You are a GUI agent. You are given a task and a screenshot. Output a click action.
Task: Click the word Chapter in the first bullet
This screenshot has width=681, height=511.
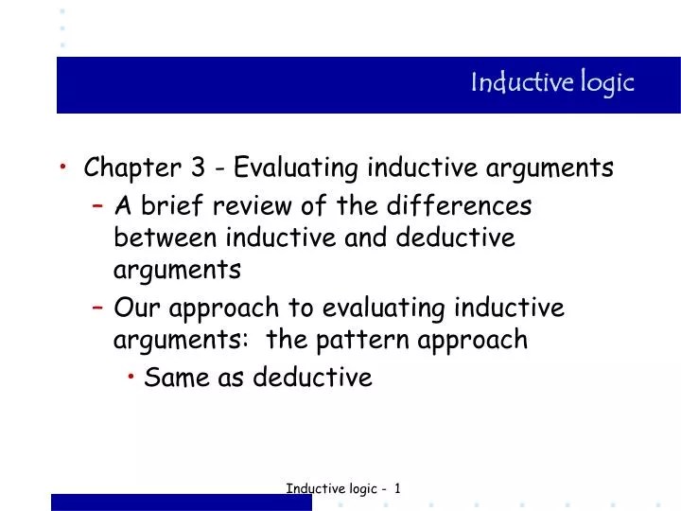pyautogui.click(x=133, y=168)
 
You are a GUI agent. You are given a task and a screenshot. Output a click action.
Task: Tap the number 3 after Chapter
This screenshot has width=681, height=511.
pyautogui.click(x=199, y=168)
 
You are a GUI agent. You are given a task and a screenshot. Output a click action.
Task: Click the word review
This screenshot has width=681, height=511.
pyautogui.click(x=244, y=205)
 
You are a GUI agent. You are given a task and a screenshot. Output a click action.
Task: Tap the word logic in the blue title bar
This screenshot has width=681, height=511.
pyautogui.click(x=606, y=83)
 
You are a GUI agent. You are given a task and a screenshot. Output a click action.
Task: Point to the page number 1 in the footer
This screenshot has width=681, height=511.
pyautogui.click(x=398, y=488)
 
